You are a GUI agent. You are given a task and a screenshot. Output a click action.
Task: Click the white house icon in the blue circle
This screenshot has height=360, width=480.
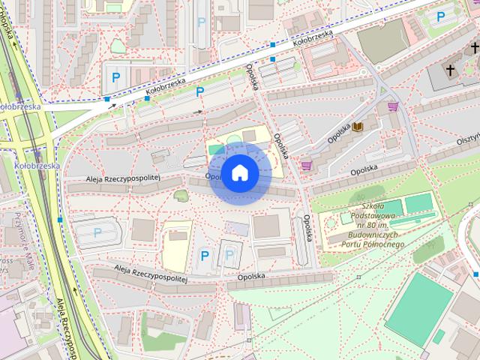[x=239, y=173]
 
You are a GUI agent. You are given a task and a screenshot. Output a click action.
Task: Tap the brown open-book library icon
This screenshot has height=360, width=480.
[x=358, y=126]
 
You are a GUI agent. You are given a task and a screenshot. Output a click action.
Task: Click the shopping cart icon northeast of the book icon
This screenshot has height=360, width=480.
[x=392, y=106]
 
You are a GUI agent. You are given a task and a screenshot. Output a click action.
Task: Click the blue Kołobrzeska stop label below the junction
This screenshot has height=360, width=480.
[x=36, y=165]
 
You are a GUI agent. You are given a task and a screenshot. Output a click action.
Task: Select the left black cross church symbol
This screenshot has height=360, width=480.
[x=451, y=70]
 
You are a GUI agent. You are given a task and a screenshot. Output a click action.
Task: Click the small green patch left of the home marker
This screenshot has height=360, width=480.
[x=180, y=196]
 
